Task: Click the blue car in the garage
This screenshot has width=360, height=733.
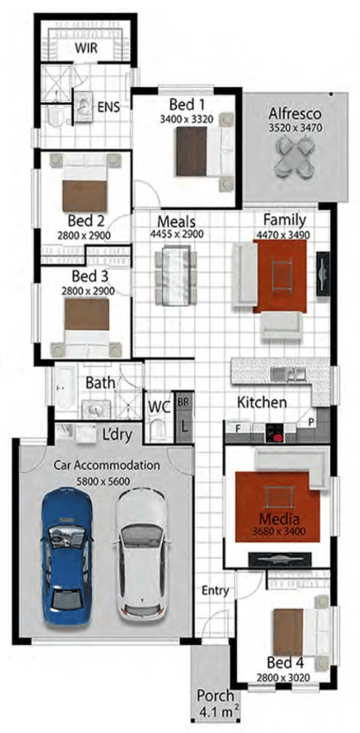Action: pos(67,556)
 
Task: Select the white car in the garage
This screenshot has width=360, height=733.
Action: pos(140,556)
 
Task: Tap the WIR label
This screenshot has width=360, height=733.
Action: pos(86,48)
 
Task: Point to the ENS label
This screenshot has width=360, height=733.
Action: pos(108,107)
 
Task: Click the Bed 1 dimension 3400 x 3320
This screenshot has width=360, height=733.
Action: pos(187,119)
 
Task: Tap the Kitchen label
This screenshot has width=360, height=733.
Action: pos(261,402)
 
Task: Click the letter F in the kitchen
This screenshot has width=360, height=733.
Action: pos(238,428)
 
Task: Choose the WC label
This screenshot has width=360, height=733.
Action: pos(160,406)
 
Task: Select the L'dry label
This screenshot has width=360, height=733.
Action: pos(117,434)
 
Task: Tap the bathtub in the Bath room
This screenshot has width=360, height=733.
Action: pos(64,388)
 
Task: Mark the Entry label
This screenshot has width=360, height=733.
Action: pos(215,591)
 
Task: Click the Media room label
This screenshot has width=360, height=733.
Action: pos(279,519)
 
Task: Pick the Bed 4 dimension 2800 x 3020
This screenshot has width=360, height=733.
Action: pos(283,678)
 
